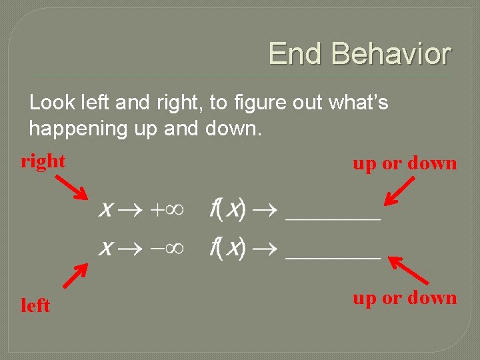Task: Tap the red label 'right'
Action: (43, 161)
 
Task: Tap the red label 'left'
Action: (35, 305)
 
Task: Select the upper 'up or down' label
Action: (405, 163)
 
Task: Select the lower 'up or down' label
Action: (405, 297)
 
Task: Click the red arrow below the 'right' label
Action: (71, 187)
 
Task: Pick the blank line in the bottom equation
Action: (333, 256)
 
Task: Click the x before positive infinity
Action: (105, 211)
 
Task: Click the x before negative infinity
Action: (105, 249)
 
